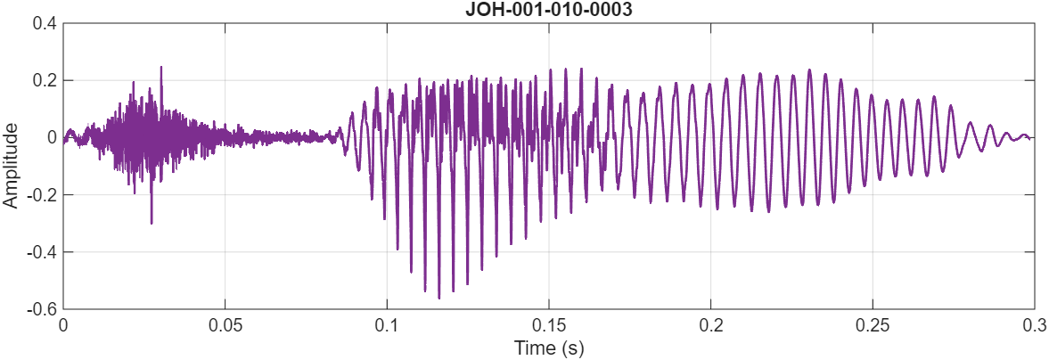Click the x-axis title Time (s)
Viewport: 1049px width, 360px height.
click(548, 348)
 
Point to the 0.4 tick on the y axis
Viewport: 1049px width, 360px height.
click(45, 23)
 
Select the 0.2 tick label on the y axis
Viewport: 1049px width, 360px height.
click(45, 80)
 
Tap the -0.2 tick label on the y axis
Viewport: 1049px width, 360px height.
click(42, 195)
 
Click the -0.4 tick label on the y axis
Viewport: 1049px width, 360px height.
click(42, 252)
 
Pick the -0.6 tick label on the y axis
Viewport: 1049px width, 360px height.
click(42, 309)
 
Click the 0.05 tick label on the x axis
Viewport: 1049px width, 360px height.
click(225, 324)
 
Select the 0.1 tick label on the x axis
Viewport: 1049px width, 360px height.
click(387, 324)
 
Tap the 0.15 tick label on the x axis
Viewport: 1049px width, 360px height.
click(548, 324)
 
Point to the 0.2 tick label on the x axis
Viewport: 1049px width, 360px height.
click(710, 324)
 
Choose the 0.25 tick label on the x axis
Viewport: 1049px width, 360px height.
click(872, 324)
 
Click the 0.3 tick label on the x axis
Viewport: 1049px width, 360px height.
click(1034, 324)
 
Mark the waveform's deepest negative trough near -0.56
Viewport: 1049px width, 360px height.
click(438, 298)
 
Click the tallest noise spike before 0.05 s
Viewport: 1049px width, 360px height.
click(161, 67)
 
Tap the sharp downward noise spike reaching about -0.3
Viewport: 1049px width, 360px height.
click(152, 223)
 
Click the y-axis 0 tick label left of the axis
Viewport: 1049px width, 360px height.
click(52, 137)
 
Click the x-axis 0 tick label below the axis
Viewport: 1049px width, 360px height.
click(63, 324)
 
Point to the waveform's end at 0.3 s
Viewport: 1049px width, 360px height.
click(1032, 138)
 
